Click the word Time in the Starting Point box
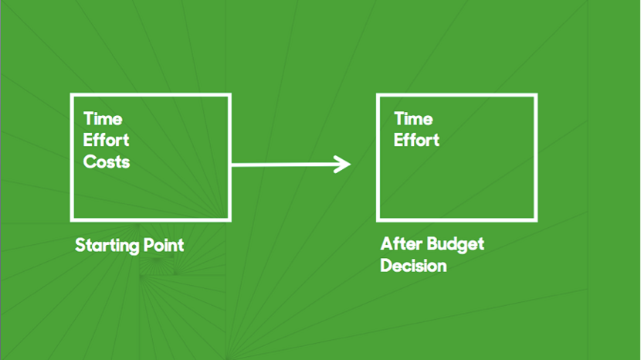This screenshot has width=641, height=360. [x=103, y=119]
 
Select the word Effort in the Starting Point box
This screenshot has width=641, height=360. [x=107, y=141]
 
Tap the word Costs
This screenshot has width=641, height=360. [x=107, y=162]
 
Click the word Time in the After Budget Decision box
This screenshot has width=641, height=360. [x=413, y=119]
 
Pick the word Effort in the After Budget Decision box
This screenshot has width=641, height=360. [x=416, y=141]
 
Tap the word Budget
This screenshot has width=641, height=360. [x=456, y=245]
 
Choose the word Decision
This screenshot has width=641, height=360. [x=413, y=266]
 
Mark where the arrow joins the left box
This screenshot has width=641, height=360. [x=231, y=165]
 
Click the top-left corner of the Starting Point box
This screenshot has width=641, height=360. [x=72, y=95]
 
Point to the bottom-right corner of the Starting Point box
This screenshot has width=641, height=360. [x=229, y=220]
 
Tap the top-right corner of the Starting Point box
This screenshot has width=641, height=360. [x=229, y=95]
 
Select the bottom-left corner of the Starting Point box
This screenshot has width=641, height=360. [x=72, y=220]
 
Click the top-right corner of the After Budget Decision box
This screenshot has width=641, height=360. [x=536, y=95]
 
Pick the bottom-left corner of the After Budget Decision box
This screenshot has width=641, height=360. [x=378, y=220]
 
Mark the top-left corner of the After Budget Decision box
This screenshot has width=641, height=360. [x=378, y=95]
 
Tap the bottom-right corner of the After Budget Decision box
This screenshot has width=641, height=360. [x=536, y=220]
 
